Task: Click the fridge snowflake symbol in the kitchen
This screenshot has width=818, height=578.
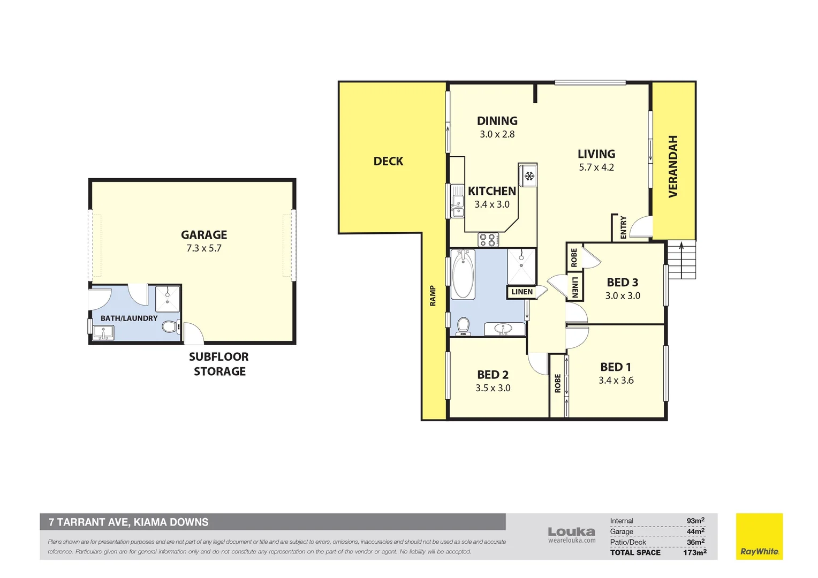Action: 529,176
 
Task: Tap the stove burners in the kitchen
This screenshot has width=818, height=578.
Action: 487,240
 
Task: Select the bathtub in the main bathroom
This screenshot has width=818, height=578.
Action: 463,275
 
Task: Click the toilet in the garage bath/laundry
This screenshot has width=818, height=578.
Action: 170,326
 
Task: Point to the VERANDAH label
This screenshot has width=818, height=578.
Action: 673,166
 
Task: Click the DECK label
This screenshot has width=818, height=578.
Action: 388,161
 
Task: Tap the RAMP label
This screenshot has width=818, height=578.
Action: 433,296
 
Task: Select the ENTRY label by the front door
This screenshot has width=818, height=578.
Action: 623,227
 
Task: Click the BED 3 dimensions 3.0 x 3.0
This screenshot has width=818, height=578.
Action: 623,296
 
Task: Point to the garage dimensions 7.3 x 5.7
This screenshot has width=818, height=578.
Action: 203,248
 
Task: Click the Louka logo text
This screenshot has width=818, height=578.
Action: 571,531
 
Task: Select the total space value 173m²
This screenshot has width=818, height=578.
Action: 694,552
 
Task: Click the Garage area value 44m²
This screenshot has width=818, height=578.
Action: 695,531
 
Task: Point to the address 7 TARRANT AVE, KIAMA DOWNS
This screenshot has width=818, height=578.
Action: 128,522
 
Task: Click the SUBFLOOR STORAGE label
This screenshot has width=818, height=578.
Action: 219,364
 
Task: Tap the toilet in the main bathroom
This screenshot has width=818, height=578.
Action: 463,326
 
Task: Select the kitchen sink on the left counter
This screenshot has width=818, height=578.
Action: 457,206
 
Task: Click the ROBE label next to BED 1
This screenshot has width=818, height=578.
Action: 557,383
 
